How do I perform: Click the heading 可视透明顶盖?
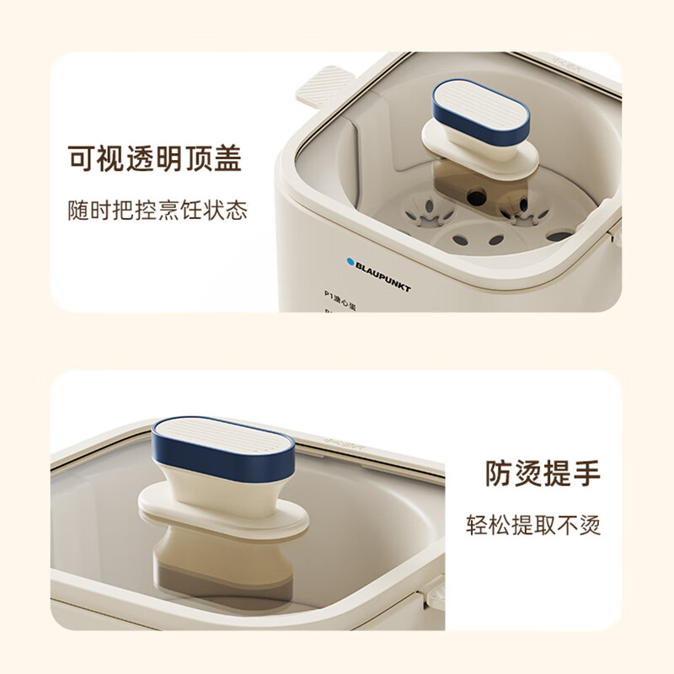point(154,158)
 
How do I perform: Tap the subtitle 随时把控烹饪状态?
point(158,210)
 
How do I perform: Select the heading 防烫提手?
point(542,473)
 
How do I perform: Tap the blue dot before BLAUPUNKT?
point(349,262)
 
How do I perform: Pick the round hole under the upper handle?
point(475,198)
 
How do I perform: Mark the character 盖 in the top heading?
point(227,158)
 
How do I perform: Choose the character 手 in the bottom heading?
point(586,473)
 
